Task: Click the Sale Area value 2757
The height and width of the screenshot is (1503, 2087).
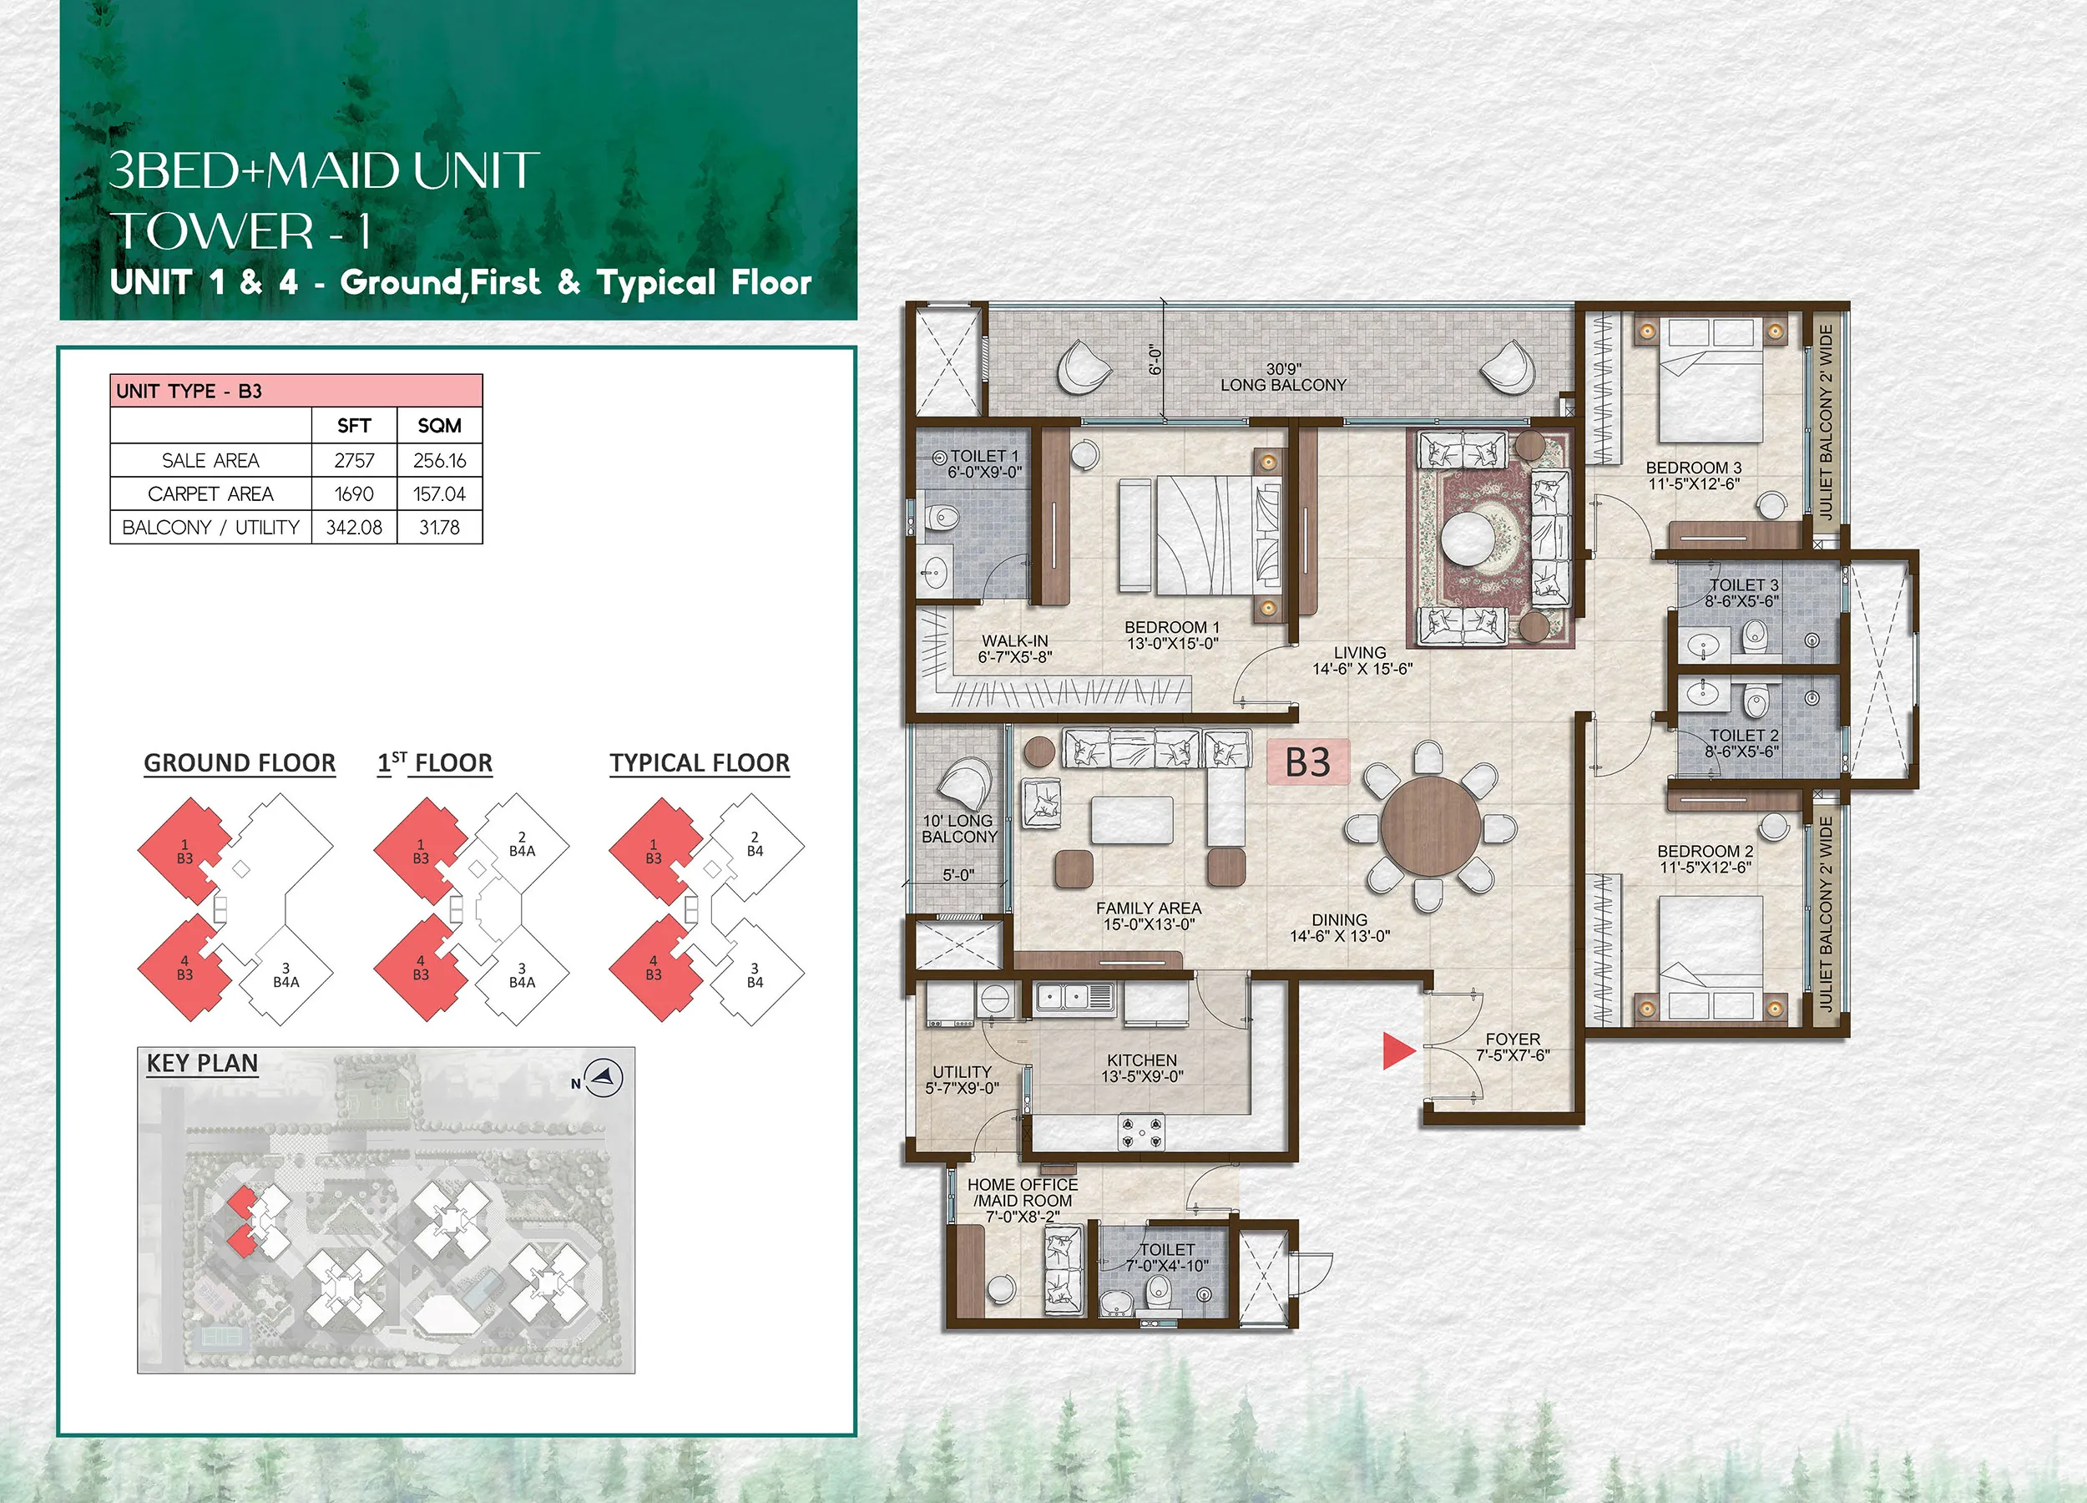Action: click(354, 460)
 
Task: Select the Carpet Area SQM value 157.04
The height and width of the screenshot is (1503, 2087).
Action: click(439, 494)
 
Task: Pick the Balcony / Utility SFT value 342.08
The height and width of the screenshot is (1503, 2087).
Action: click(354, 528)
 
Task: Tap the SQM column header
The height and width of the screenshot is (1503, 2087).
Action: click(439, 425)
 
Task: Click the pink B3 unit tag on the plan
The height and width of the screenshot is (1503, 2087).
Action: click(1307, 762)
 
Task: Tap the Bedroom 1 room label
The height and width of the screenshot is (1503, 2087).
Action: click(1172, 635)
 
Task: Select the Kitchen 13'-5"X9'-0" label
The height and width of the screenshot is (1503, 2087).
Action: click(1142, 1068)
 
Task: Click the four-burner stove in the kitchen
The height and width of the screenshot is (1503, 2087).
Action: click(1141, 1131)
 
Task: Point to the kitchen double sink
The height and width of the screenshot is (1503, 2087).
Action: click(1074, 997)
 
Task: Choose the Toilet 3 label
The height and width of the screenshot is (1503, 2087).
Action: click(1742, 593)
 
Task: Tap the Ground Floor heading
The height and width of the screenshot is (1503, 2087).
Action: click(240, 763)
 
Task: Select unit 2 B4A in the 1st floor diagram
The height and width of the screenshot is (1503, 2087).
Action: click(522, 844)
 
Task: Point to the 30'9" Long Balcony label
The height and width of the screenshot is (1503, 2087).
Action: click(1283, 377)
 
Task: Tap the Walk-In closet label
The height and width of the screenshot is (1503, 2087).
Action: click(1015, 649)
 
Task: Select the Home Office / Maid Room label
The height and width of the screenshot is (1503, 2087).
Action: click(1023, 1200)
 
